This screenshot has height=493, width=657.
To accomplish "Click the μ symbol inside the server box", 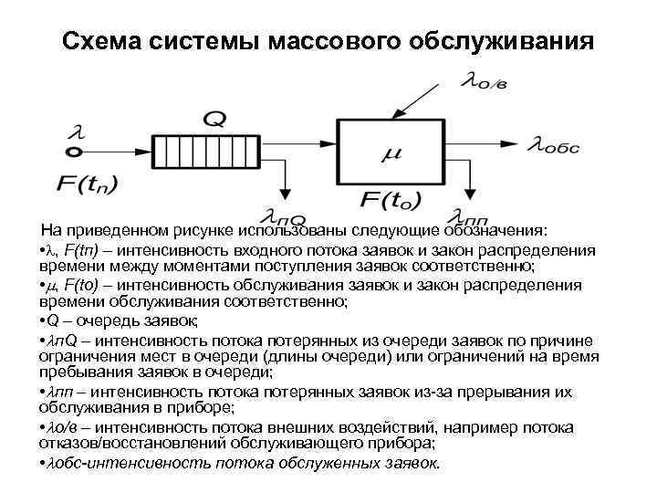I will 390,154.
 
